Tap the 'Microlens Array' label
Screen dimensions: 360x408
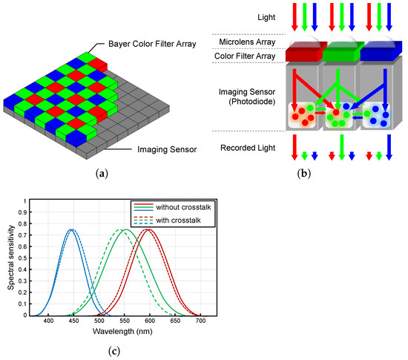coord(246,41)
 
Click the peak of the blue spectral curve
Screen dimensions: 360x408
coord(71,229)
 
